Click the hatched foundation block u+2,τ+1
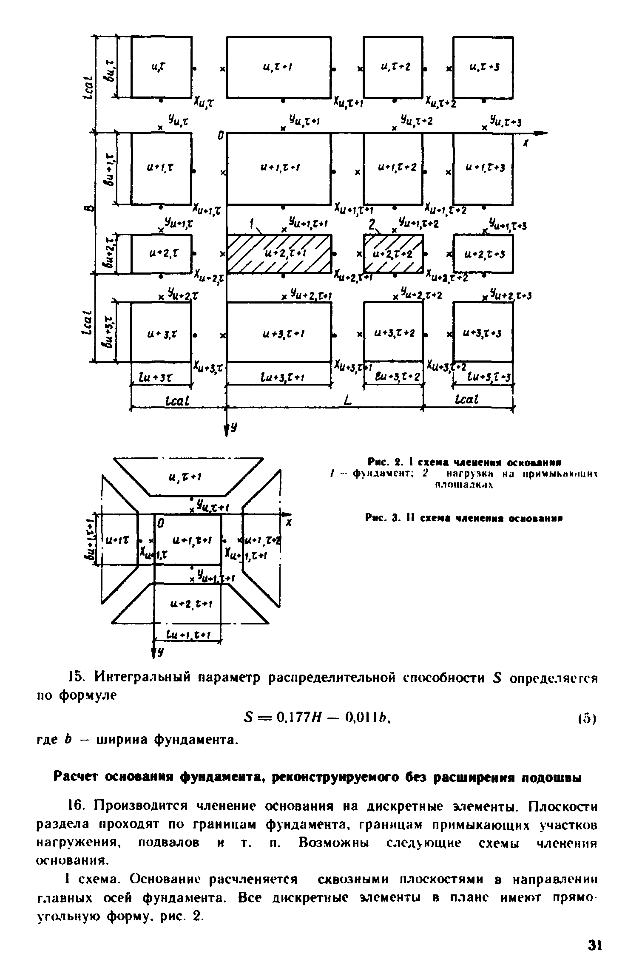click(279, 254)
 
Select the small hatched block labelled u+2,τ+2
click(393, 254)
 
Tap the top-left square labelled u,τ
click(161, 67)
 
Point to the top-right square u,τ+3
click(483, 67)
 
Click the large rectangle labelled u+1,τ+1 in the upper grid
click(279, 168)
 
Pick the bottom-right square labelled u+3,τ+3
click(483, 333)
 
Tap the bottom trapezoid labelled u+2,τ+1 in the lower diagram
click(189, 604)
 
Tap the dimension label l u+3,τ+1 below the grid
click(279, 378)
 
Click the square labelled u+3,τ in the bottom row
click(161, 333)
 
